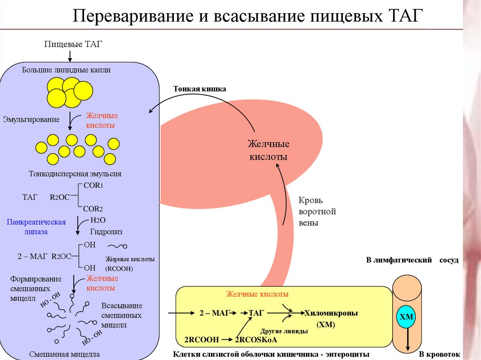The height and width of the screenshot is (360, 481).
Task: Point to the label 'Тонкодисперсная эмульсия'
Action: tap(75, 174)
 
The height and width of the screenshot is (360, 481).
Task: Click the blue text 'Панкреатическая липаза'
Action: tap(36, 226)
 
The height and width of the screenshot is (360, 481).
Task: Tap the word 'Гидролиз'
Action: tap(106, 231)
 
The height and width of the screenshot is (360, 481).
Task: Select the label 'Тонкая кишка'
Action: tap(200, 89)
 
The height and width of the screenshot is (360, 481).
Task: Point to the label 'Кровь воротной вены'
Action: tap(317, 212)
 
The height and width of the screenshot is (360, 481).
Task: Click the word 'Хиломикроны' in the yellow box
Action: tap(331, 313)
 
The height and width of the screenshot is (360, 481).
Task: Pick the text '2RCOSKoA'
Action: tap(256, 339)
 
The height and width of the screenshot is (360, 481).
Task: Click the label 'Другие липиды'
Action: tap(284, 331)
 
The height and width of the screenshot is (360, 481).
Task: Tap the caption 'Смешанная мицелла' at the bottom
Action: tap(64, 354)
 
